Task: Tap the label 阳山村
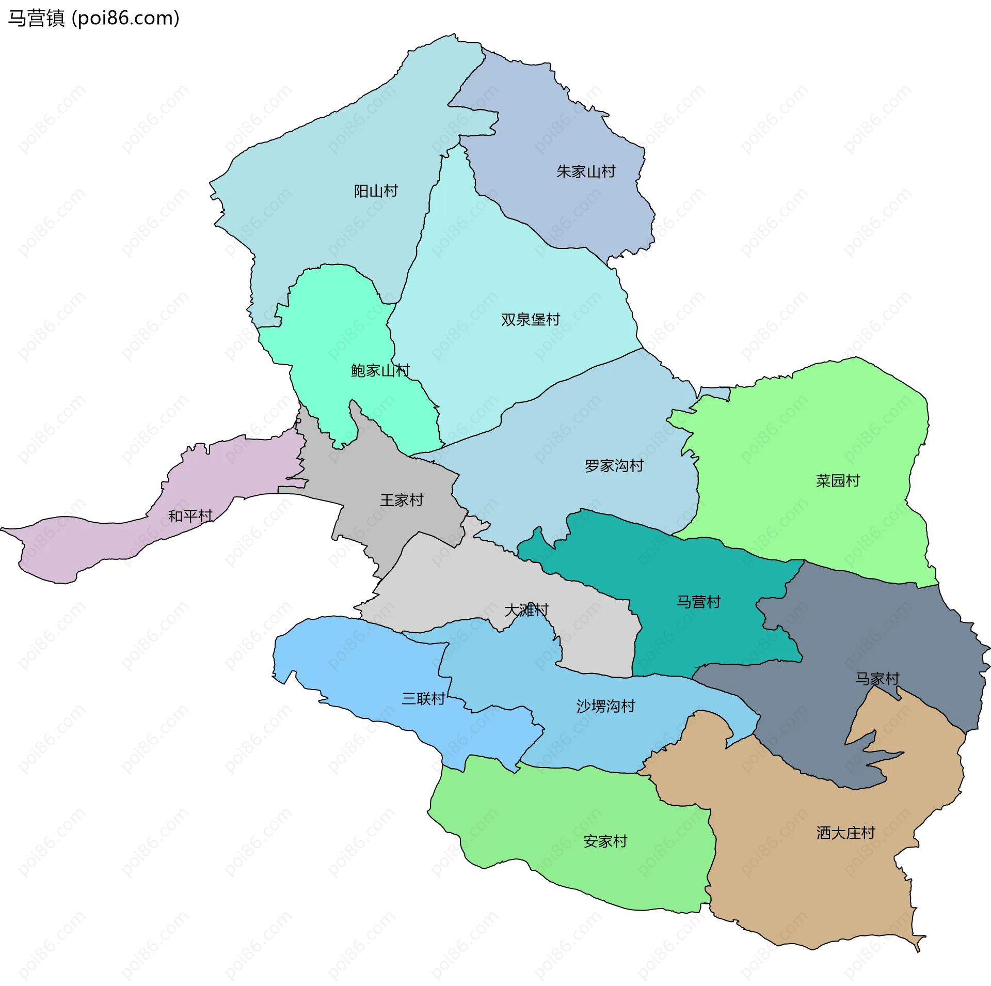pos(376,191)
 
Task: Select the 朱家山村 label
pos(586,171)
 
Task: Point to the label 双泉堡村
pos(531,320)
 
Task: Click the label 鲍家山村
pos(380,370)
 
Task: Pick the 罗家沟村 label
pos(614,466)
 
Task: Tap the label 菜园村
pos(838,481)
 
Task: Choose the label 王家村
pos(402,500)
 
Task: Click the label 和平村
pos(190,516)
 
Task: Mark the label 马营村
pos(698,602)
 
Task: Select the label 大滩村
pos(526,610)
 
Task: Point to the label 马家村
pos(877,678)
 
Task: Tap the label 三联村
pos(423,699)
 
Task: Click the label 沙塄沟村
pos(605,706)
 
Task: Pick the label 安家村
pos(605,841)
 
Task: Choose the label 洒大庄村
pos(846,833)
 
